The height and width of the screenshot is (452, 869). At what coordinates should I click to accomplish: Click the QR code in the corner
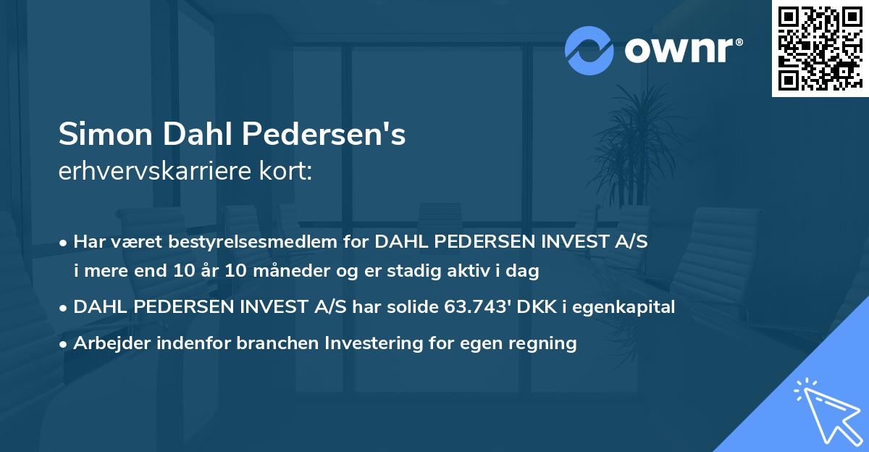820,49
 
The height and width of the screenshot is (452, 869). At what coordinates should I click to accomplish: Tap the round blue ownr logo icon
589,50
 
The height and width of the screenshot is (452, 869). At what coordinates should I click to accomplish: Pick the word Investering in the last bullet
392,343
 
